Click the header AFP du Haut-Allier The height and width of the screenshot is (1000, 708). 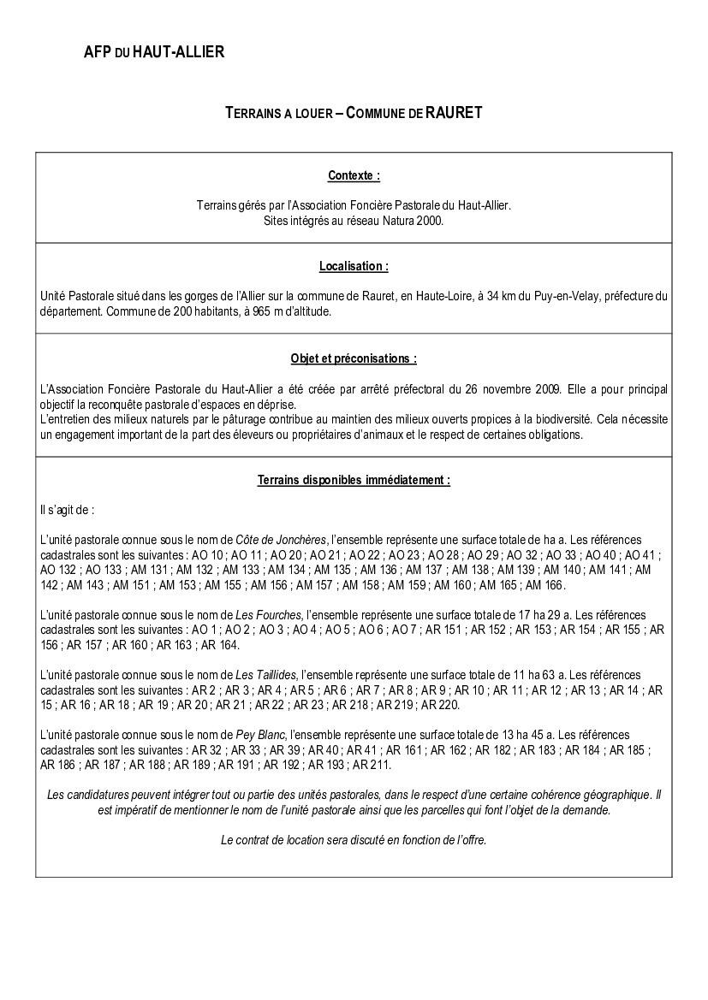[154, 52]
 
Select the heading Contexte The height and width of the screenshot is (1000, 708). [354, 175]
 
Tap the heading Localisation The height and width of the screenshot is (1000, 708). [354, 266]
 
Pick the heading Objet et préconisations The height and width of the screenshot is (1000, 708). [354, 358]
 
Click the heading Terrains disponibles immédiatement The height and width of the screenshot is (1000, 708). [354, 480]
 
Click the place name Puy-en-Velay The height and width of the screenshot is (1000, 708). [564, 296]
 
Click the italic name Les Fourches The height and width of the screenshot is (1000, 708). [268, 615]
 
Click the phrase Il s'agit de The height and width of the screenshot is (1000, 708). [67, 510]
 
